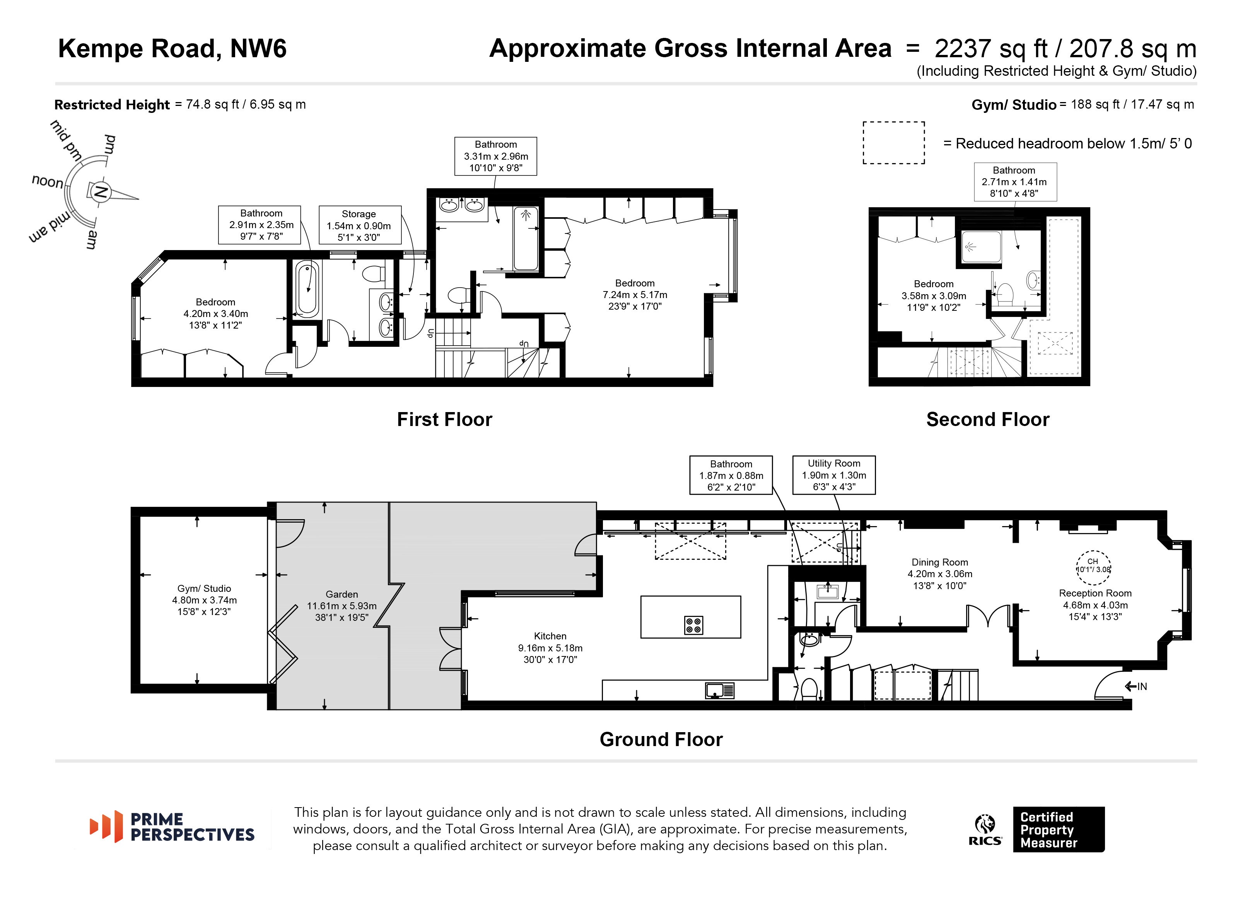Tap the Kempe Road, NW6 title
(172, 48)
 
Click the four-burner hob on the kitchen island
(693, 625)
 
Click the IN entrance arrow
(1135, 686)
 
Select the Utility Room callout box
(833, 475)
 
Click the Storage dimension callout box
(360, 225)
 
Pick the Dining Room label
(939, 562)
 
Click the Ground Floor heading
(661, 740)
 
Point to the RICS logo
(985, 830)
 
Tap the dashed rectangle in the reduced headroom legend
(893, 143)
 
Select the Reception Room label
(1095, 593)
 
